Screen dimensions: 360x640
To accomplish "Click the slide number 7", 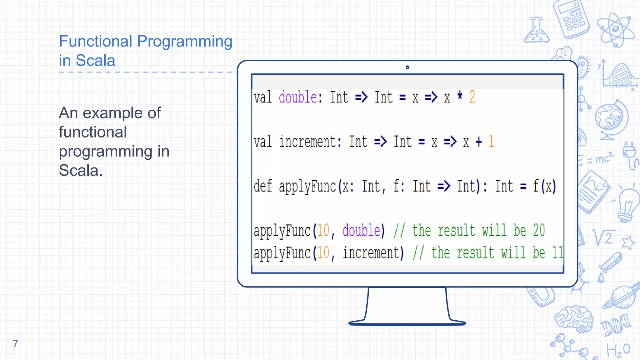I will point(16,343).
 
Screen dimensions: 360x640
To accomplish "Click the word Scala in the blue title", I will point(95,60).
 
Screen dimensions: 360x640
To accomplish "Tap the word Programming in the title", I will point(185,41).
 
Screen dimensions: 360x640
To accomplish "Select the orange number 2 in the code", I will point(472,97).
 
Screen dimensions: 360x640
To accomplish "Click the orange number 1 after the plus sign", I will point(491,141).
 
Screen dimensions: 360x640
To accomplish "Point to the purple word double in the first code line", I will point(298,97).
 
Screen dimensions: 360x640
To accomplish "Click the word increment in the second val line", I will point(308,142).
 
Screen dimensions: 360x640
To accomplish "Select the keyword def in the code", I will point(262,186).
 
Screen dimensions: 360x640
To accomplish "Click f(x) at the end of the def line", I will point(544,186).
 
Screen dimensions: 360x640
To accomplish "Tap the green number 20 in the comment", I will point(539,231).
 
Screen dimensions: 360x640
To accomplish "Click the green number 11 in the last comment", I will point(558,253).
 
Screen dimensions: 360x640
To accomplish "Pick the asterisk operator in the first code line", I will point(460,95).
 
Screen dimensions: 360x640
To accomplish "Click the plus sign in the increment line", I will point(479,142).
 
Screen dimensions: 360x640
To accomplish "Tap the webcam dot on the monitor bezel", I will point(407,67).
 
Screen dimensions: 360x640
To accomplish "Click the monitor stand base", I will point(407,323).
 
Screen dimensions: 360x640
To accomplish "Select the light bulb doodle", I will point(628,205).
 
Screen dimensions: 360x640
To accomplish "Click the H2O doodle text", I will point(618,350).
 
